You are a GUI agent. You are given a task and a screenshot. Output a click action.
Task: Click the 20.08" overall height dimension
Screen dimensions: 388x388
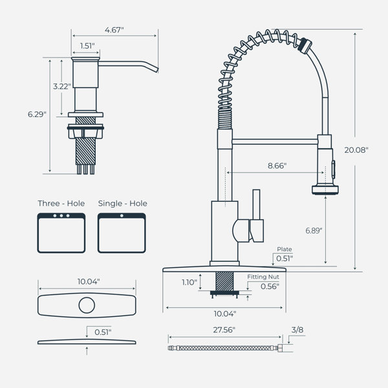356,150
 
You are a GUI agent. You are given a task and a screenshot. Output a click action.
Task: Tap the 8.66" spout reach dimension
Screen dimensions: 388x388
277,166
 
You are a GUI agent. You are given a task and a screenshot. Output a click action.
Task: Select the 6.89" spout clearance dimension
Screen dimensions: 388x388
314,230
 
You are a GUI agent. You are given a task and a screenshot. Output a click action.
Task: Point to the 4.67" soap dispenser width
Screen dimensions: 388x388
114,30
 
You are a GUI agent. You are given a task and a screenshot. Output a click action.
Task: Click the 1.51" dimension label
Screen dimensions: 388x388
87,46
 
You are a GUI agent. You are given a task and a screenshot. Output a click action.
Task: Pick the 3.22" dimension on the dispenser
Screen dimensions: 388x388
62,87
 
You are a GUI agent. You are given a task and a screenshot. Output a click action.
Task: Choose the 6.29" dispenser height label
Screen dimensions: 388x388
37,114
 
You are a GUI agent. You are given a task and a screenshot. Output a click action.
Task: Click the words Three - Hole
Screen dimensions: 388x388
61,204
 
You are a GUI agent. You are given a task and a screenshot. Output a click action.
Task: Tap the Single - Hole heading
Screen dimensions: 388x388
122,204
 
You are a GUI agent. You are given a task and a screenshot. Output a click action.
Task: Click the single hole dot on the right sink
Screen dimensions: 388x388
122,216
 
